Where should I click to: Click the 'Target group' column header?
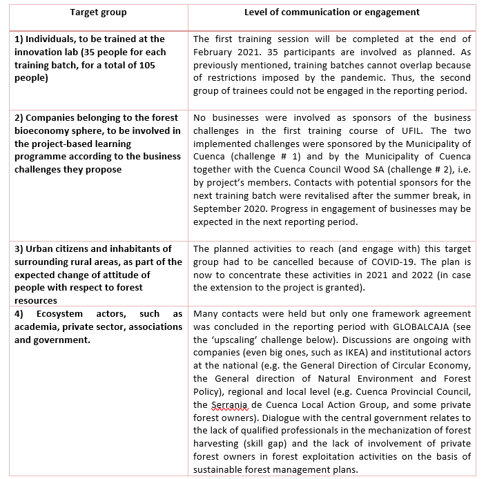pyautogui.click(x=98, y=12)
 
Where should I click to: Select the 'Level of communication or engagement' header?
pyautogui.click(x=331, y=12)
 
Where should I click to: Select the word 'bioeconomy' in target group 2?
pyautogui.click(x=42, y=130)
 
